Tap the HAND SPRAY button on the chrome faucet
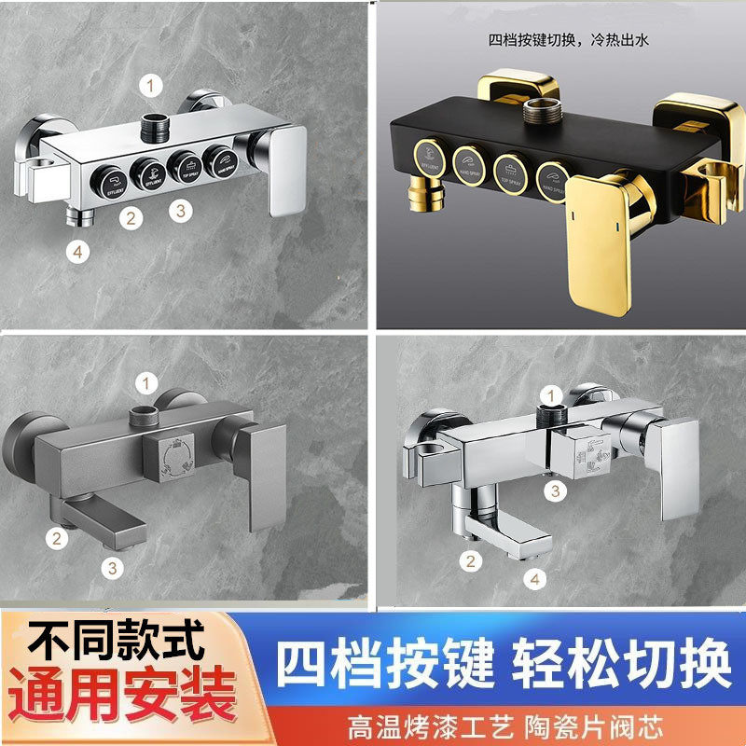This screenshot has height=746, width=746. pyautogui.click(x=222, y=159)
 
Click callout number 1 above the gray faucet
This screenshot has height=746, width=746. pyautogui.click(x=145, y=381)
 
